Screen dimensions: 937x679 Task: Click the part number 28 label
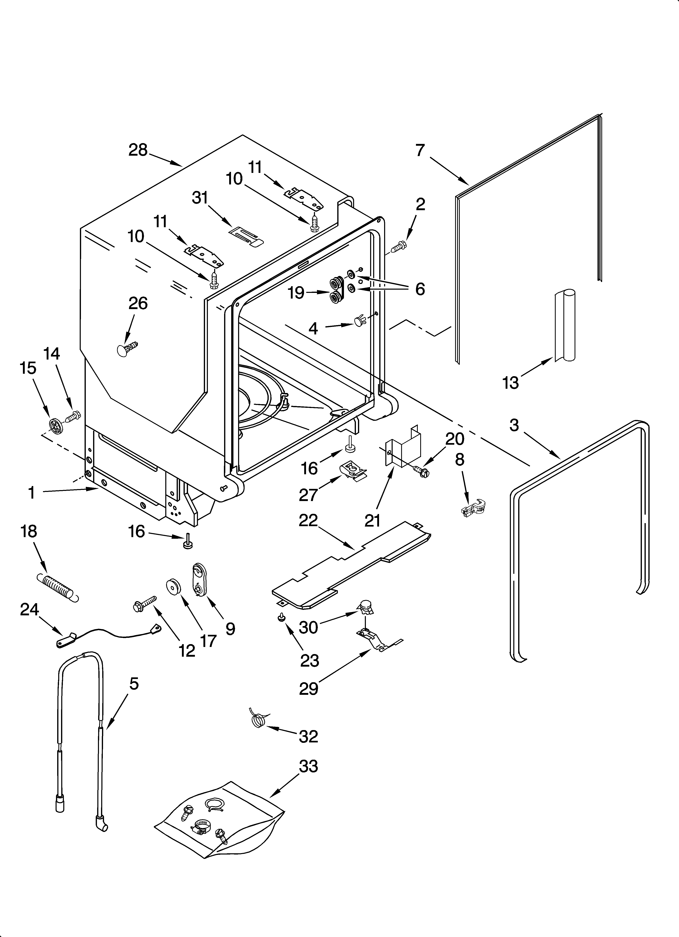tap(138, 150)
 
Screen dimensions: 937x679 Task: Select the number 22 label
tap(308, 520)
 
